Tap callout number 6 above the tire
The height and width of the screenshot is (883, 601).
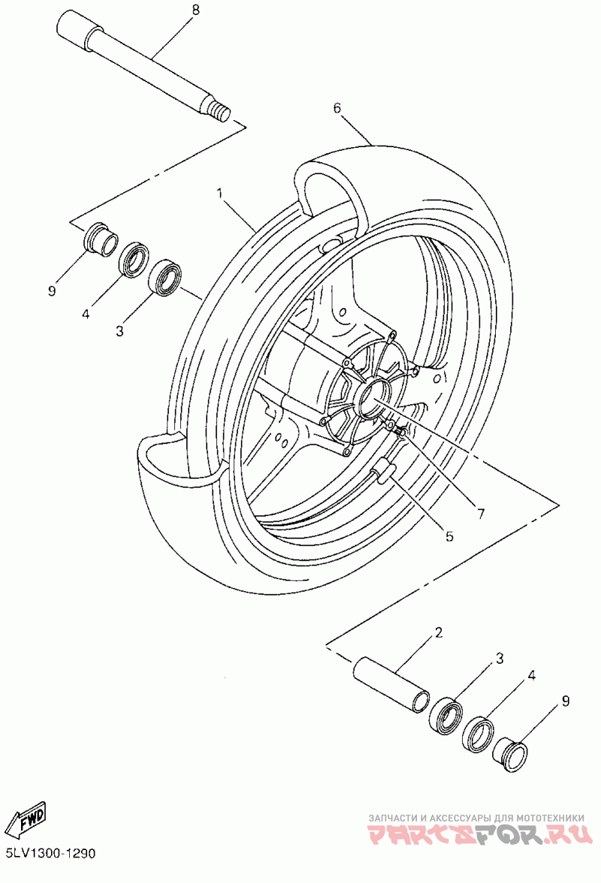pos(337,107)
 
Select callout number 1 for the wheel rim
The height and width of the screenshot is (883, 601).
pos(220,194)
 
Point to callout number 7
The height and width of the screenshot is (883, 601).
pos(480,514)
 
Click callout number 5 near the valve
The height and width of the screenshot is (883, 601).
pos(449,537)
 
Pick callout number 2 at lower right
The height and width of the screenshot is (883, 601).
pos(439,632)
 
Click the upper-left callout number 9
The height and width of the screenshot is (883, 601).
pos(52,291)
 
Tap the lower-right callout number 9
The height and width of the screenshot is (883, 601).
pos(566,701)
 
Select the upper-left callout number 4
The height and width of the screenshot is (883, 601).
pos(86,314)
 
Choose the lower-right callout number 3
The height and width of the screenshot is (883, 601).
pos(499,658)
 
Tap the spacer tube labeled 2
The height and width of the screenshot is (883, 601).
pos(391,685)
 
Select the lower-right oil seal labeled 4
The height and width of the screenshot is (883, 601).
pos(479,733)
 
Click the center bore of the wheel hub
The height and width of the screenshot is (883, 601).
pos(373,396)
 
